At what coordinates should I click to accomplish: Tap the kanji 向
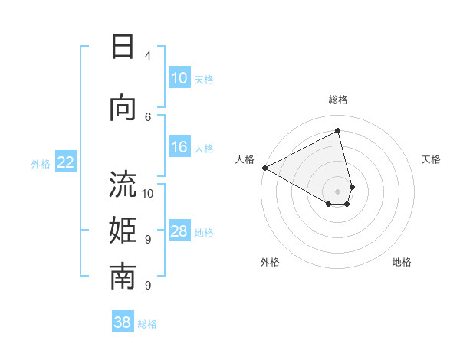coord(123,107)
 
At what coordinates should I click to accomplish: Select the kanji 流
coord(123,185)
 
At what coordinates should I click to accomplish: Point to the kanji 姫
coord(123,231)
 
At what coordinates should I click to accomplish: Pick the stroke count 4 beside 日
coord(148,56)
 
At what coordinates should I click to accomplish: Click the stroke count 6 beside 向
coord(148,116)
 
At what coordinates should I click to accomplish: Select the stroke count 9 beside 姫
coord(148,239)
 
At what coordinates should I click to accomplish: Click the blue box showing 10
coord(179,78)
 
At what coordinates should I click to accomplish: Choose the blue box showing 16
coord(179,147)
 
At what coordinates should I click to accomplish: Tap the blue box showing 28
coord(179,231)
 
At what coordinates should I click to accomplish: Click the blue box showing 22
coord(66,162)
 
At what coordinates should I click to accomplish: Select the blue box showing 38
coord(123,322)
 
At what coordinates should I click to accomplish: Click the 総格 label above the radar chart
coord(338,100)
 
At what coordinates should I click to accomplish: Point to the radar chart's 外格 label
coord(270,262)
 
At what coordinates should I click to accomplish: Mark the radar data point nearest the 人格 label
coord(264,168)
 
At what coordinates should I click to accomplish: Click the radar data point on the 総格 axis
coord(338,130)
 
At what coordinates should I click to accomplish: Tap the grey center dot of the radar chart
coord(338,190)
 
